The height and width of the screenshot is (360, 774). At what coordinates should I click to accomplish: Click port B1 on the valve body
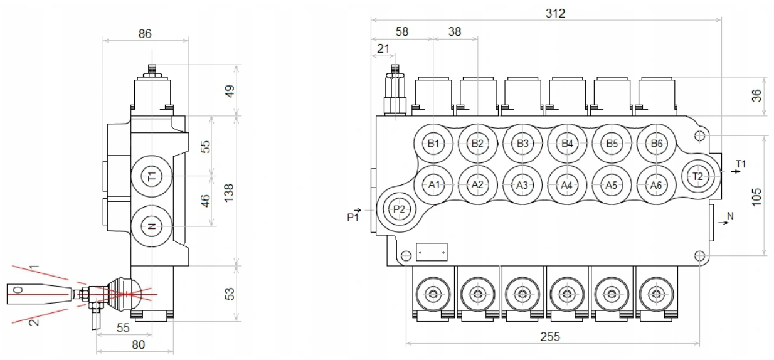click(433, 144)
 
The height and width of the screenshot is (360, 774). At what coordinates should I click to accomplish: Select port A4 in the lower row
click(567, 185)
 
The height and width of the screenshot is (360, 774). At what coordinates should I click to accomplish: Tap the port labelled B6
click(657, 144)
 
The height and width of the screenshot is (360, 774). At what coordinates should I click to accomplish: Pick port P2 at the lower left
click(399, 209)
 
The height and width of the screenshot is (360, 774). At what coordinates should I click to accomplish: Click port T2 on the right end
click(699, 176)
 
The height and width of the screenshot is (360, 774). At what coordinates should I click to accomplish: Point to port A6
click(657, 185)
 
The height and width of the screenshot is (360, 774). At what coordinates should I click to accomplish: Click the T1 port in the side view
click(151, 177)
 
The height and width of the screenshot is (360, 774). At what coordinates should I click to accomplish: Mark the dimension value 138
click(229, 191)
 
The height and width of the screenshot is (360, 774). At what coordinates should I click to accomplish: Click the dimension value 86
click(145, 34)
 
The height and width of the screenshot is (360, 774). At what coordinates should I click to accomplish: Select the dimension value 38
click(455, 31)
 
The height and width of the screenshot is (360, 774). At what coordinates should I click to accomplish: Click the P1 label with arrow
click(354, 216)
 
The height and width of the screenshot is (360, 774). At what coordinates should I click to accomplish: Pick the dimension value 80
click(139, 344)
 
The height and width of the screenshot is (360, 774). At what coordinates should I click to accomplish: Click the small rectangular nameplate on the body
click(432, 251)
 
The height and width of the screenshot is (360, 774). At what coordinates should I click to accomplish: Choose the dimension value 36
click(756, 96)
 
